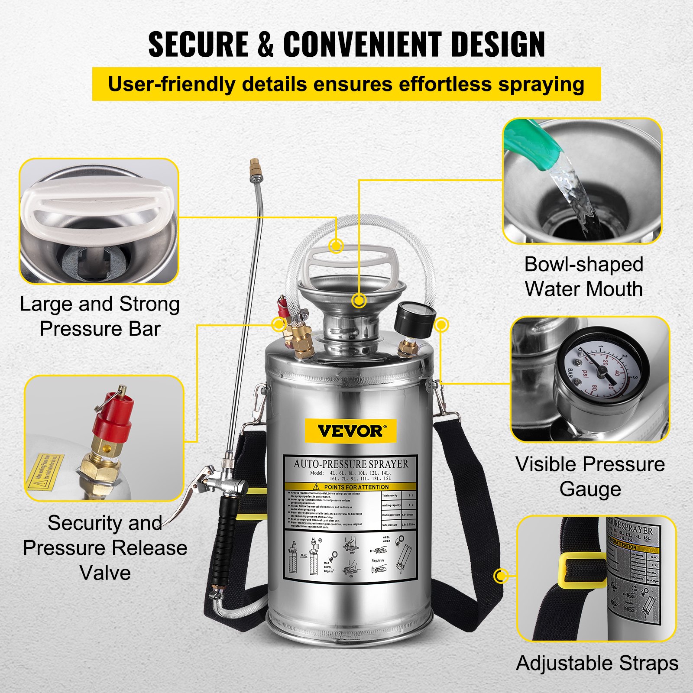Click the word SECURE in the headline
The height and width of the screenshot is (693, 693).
point(198,44)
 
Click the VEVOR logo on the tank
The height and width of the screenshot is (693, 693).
point(350,431)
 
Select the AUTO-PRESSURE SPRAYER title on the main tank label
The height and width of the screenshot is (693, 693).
point(350,464)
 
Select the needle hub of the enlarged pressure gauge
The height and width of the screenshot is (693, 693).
point(602,371)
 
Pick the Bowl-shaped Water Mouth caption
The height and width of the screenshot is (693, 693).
point(583,277)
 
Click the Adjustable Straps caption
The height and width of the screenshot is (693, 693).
point(597,663)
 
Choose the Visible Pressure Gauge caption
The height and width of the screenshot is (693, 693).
point(590,476)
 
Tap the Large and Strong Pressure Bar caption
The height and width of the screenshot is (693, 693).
point(100,316)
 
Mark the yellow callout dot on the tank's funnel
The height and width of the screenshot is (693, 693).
point(359,300)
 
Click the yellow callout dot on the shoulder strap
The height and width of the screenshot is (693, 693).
point(501,576)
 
